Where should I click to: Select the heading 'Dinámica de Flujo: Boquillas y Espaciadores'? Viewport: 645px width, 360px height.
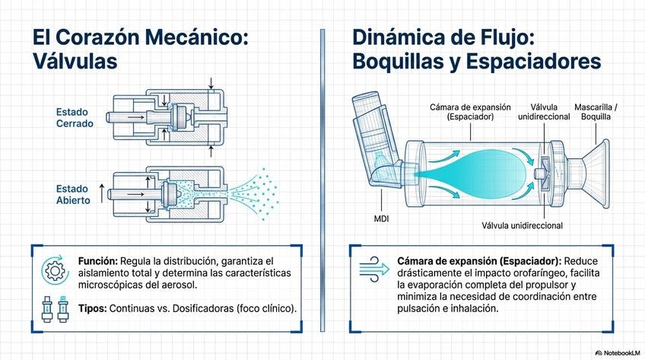476,49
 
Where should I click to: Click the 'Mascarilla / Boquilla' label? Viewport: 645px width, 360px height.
596,113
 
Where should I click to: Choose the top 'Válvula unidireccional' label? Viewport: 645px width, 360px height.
542,113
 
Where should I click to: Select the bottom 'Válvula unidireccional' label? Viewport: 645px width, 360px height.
522,225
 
